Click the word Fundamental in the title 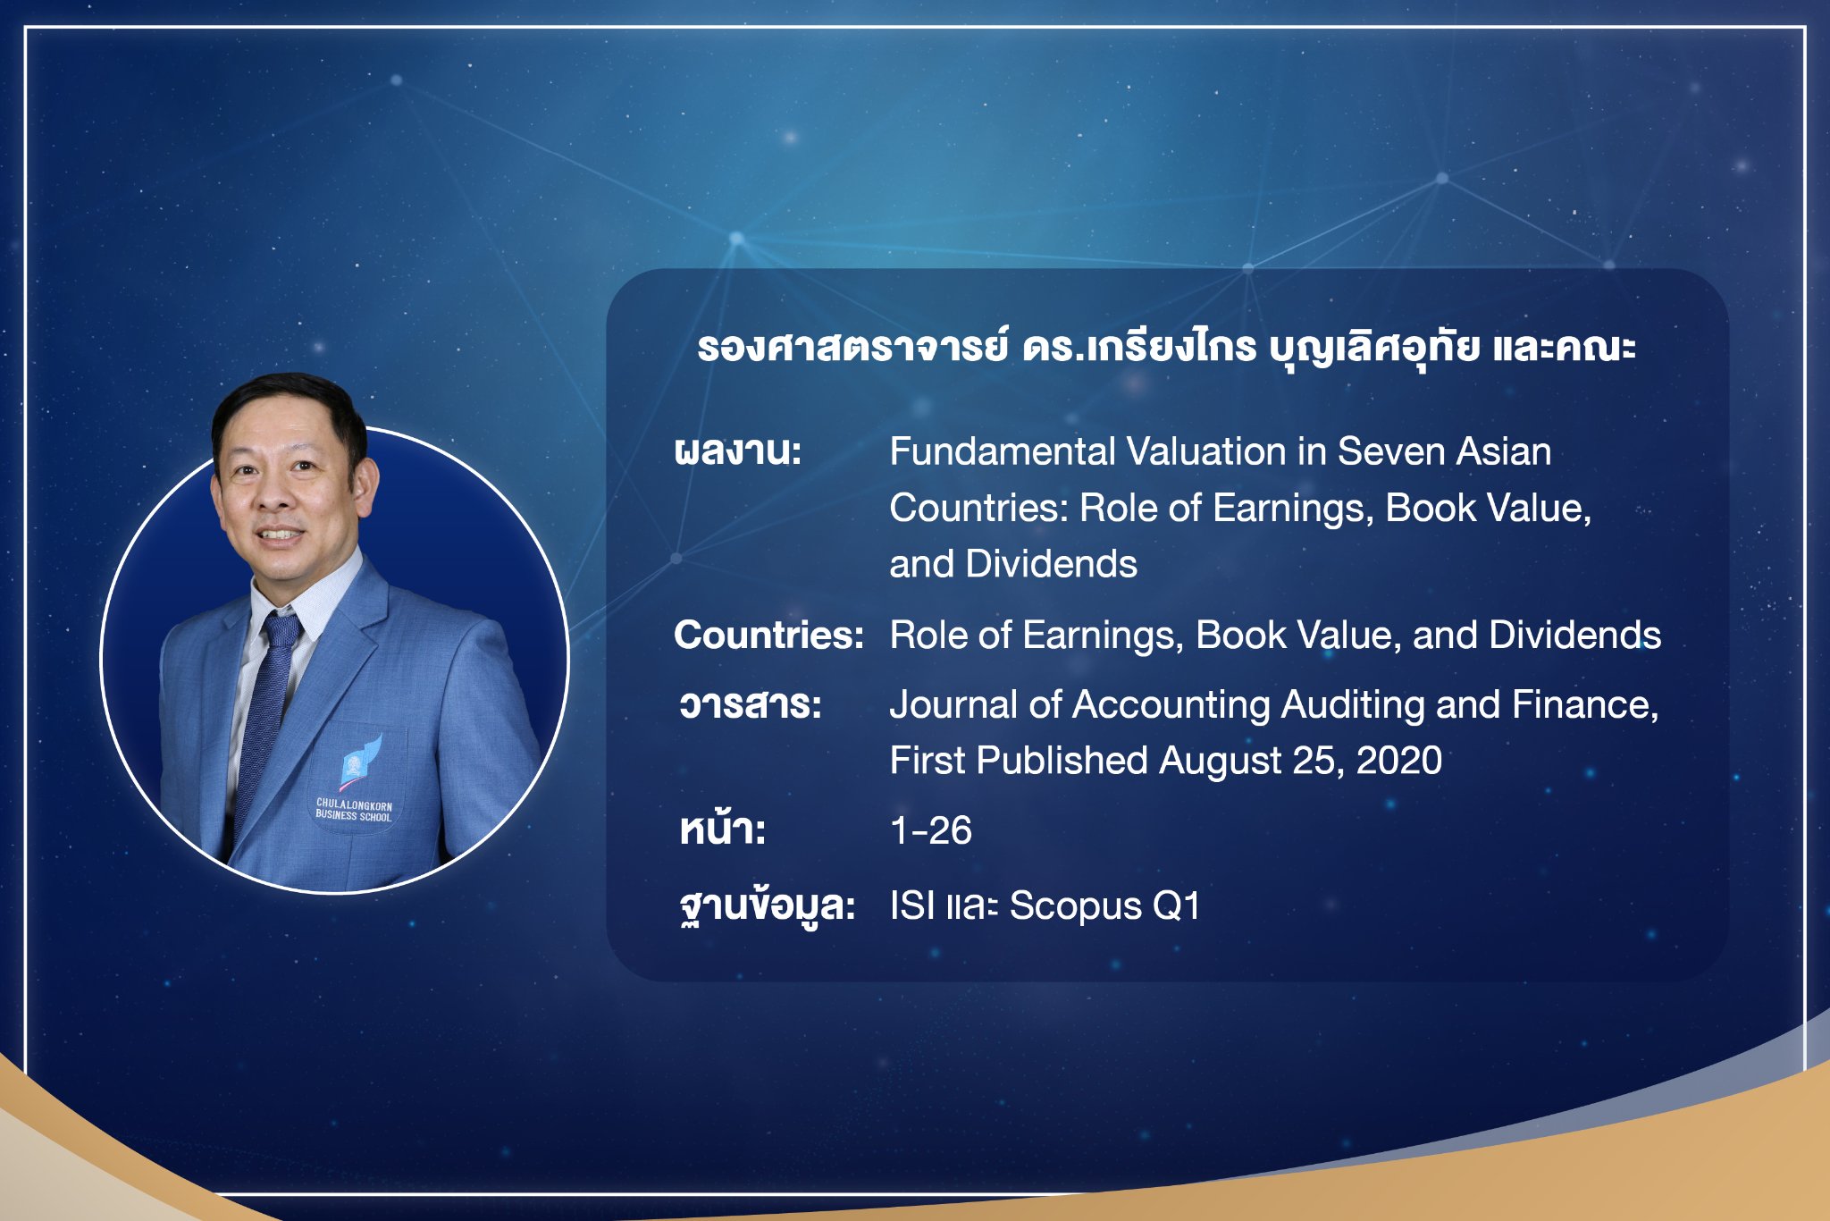point(1001,451)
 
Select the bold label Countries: point(768,635)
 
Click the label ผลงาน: point(738,451)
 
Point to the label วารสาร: point(751,704)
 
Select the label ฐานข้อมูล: point(768,906)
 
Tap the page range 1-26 point(931,830)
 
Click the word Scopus point(1076,907)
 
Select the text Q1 point(1177,906)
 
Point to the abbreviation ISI point(912,906)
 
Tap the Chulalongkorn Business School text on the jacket point(354,810)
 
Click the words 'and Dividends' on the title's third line point(1013,564)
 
